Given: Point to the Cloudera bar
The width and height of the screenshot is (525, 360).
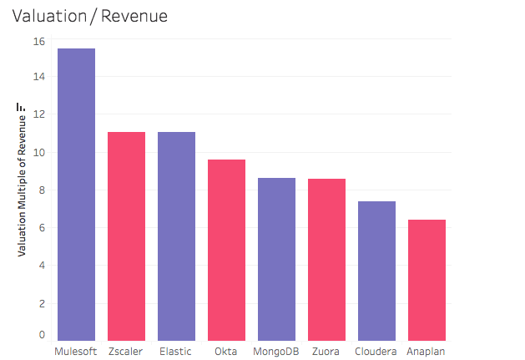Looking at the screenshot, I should click(x=376, y=270).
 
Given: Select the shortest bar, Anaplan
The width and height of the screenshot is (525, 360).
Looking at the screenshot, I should click(x=427, y=279).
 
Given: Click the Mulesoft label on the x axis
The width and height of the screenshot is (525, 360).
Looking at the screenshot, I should click(x=76, y=351).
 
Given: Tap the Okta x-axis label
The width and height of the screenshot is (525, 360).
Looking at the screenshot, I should click(x=226, y=351).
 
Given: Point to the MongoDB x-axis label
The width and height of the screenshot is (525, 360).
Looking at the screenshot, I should click(x=276, y=351).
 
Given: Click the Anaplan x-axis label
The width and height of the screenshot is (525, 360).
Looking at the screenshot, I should click(x=427, y=351).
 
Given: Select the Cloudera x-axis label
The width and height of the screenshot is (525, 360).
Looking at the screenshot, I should click(x=376, y=351).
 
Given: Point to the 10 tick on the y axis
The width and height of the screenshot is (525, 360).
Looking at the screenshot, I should click(x=38, y=153).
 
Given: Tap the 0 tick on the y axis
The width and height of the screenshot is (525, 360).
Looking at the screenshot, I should click(x=41, y=335).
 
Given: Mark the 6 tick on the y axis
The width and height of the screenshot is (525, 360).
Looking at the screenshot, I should click(x=41, y=228).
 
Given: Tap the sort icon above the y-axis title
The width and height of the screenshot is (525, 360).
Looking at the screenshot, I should click(x=22, y=107).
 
